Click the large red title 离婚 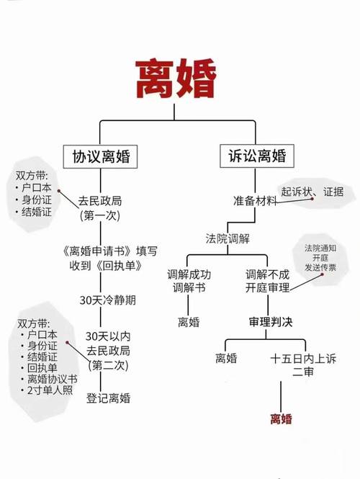[x=176, y=79]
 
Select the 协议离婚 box [x=100, y=156]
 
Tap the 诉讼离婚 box [x=257, y=156]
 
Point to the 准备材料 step [x=255, y=201]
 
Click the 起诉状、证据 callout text [x=312, y=192]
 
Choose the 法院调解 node [x=228, y=238]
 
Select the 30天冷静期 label [x=107, y=300]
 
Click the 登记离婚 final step [x=108, y=398]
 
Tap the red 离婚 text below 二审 [x=281, y=418]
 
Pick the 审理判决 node [x=271, y=322]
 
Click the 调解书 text [x=189, y=288]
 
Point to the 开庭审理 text [x=268, y=288]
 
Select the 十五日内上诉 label [x=303, y=358]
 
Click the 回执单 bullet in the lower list [x=42, y=368]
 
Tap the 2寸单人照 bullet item [x=50, y=390]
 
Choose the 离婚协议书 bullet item [x=53, y=379]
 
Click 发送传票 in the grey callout [x=320, y=267]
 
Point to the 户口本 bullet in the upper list [x=36, y=187]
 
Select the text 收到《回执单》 [x=106, y=266]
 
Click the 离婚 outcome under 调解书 [x=189, y=322]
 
